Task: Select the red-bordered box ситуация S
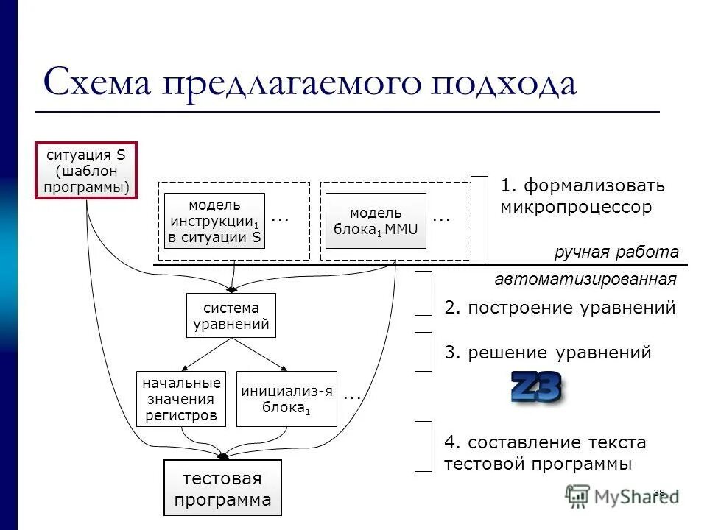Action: point(86,172)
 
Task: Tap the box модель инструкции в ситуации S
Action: point(214,221)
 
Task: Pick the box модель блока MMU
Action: point(376,221)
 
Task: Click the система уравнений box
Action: point(231,316)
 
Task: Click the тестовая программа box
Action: point(222,487)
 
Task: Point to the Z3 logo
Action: point(537,388)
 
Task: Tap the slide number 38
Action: point(658,492)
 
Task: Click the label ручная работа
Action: point(616,252)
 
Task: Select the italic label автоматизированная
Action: point(585,280)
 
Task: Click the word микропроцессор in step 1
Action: point(576,207)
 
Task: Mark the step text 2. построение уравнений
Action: point(560,308)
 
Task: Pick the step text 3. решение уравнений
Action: point(548,353)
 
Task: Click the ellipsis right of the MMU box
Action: point(440,218)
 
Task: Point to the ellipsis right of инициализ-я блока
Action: point(352,396)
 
